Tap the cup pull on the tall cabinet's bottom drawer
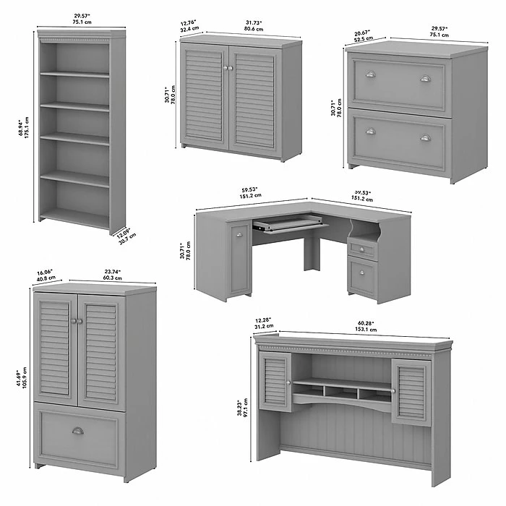click(77, 431)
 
